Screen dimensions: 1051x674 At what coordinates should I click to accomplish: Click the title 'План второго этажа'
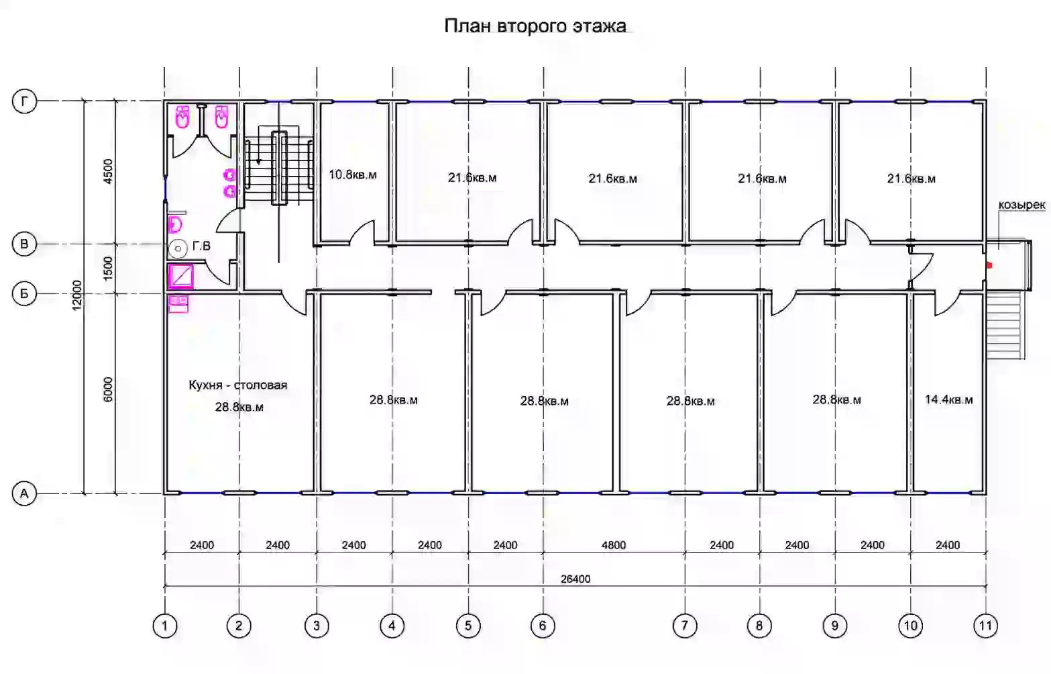tap(535, 26)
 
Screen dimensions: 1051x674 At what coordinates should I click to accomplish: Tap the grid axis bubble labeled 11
tap(985, 626)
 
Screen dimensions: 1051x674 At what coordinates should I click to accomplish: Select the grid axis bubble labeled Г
tap(24, 101)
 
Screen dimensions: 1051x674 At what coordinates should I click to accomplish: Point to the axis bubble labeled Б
tap(24, 293)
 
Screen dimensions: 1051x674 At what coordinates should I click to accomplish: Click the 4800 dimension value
tap(614, 545)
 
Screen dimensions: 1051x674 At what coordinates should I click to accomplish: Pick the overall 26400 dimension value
tap(575, 579)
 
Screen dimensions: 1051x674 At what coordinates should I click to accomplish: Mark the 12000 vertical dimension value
tap(77, 295)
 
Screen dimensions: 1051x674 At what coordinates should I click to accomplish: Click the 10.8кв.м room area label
tap(352, 175)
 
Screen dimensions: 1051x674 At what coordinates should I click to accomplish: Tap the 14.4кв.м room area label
tap(948, 399)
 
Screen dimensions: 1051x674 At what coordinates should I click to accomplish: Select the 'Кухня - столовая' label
tap(238, 385)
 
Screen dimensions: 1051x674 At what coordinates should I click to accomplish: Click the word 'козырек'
tap(1021, 205)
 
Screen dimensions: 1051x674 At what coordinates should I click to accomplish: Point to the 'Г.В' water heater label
tap(201, 246)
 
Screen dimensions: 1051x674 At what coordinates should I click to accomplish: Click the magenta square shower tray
tap(180, 276)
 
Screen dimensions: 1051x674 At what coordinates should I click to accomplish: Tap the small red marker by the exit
tap(989, 265)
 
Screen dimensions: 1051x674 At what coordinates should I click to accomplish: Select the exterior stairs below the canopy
tap(1005, 325)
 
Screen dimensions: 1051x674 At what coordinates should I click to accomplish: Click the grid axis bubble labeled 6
tap(543, 626)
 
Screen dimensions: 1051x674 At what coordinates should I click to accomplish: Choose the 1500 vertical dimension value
tap(108, 269)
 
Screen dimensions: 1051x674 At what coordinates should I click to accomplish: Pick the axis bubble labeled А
tap(24, 493)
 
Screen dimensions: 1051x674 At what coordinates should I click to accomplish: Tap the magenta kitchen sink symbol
tap(178, 304)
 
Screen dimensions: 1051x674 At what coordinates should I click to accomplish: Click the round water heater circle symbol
tap(178, 248)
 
